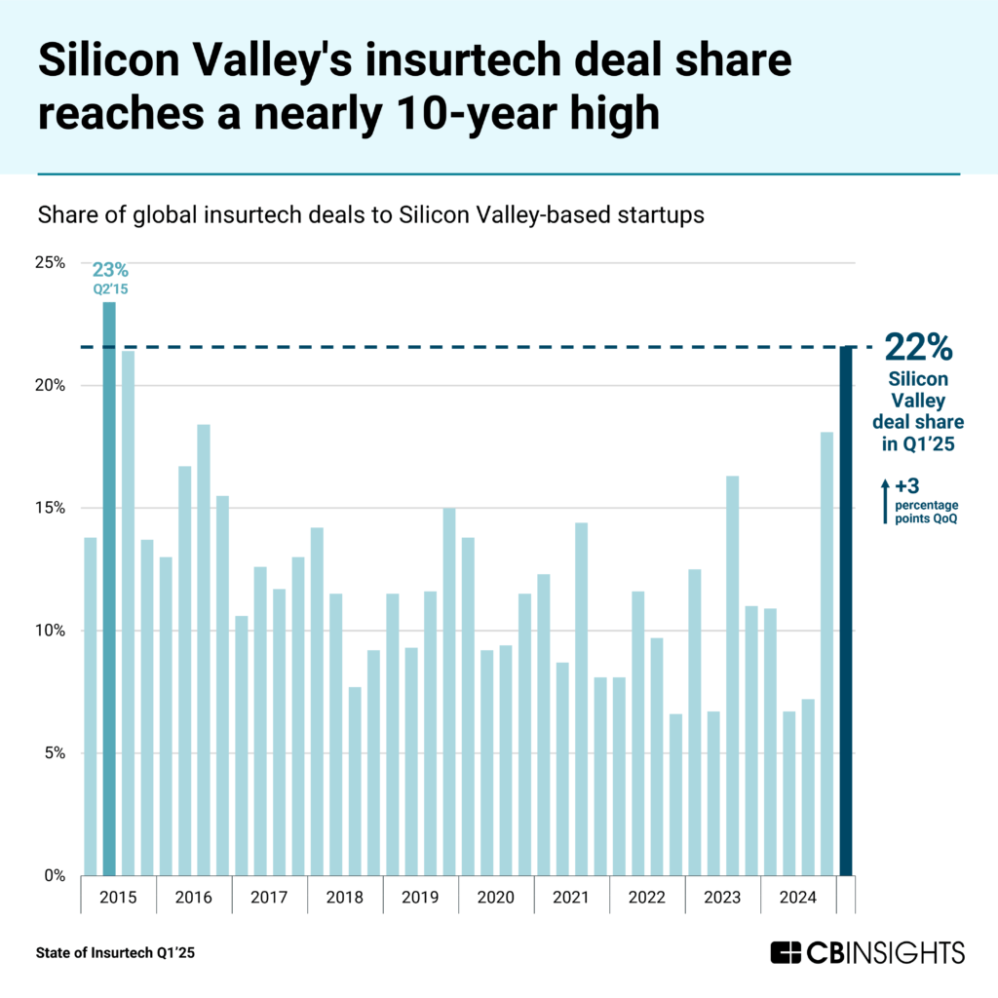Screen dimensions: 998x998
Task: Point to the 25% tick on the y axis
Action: coord(51,263)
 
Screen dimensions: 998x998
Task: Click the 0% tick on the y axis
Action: coord(54,875)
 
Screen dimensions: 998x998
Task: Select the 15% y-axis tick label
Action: coord(51,508)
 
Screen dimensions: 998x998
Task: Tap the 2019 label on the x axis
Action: coord(420,897)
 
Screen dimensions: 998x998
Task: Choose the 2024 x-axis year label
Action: coord(798,897)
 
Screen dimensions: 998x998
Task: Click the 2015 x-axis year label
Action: coord(118,897)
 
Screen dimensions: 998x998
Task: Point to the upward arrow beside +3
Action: coord(884,499)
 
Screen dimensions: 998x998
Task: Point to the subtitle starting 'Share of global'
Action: coord(369,215)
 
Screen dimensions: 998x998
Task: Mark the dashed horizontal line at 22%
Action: coord(468,347)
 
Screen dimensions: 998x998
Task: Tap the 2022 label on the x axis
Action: coord(647,897)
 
